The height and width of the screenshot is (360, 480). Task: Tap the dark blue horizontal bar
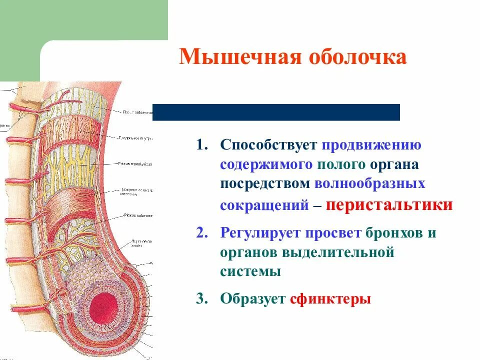(x=276, y=112)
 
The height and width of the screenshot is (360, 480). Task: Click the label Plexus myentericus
(x=135, y=163)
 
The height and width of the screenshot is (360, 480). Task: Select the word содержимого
(x=267, y=164)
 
